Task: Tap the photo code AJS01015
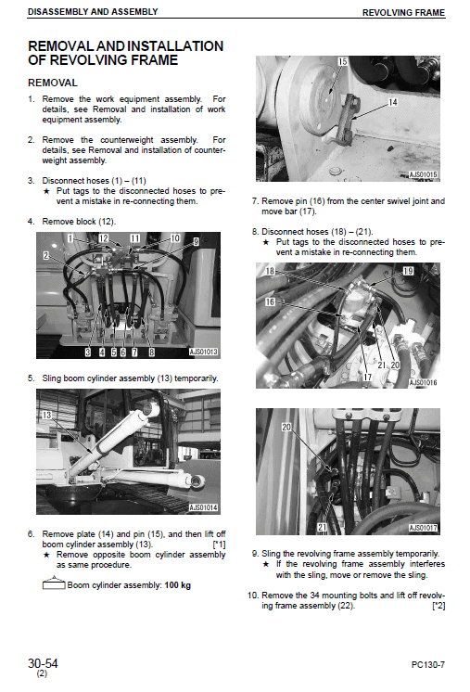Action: tap(423, 173)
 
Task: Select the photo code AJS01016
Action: tap(423, 382)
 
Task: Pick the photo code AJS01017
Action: tap(423, 528)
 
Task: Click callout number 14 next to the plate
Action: tap(392, 103)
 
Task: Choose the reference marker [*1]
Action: tap(219, 545)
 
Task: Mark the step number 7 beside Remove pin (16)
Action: tap(255, 200)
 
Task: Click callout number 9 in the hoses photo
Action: tap(196, 241)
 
